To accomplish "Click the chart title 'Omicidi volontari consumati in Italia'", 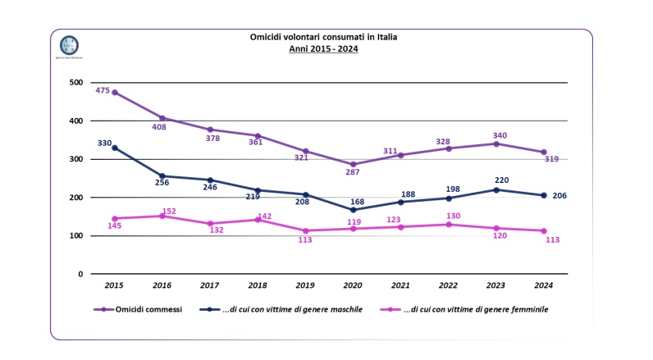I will (x=323, y=37).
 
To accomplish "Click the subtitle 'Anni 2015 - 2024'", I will (x=323, y=48).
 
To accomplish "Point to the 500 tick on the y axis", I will (x=75, y=83).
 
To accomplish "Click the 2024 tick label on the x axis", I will (x=544, y=285).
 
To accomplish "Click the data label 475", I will (x=103, y=90).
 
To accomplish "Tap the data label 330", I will (x=104, y=144).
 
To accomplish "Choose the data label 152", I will (x=168, y=211).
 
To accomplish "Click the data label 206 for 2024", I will (x=560, y=195).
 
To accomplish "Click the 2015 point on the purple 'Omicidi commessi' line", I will (x=114, y=92).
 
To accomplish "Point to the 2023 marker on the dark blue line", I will (x=496, y=189).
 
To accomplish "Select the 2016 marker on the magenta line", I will (x=162, y=216).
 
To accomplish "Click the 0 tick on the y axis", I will (x=80, y=274).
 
